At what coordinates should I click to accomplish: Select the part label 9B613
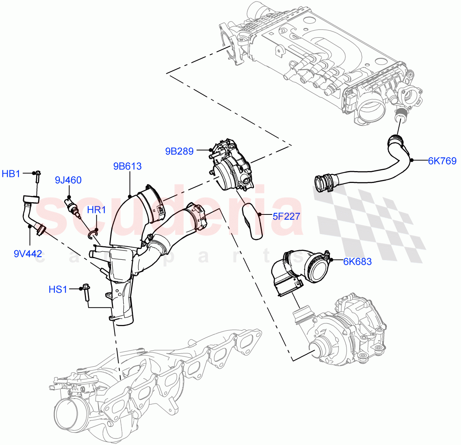pyautogui.click(x=127, y=166)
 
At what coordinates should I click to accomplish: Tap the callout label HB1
pyautogui.click(x=11, y=174)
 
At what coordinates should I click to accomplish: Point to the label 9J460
pyautogui.click(x=68, y=180)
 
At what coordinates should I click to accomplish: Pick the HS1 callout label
pyautogui.click(x=58, y=289)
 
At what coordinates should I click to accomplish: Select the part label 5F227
pyautogui.click(x=286, y=216)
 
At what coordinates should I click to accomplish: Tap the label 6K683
pyautogui.click(x=357, y=262)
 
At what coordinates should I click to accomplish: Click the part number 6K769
pyautogui.click(x=442, y=161)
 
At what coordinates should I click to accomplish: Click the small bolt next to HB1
pyautogui.click(x=38, y=177)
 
